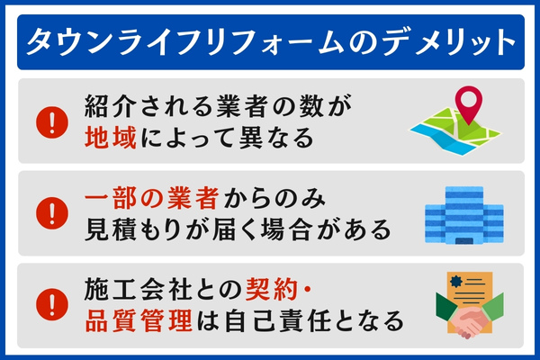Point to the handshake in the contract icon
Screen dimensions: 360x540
[x=465, y=322]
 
